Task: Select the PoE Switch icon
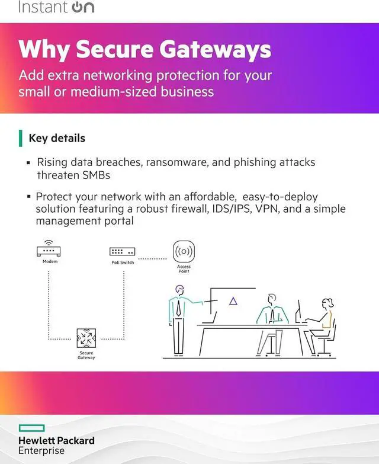pos(123,252)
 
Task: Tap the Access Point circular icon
pos(184,251)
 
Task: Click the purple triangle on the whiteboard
pos(233,301)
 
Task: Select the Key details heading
pos(57,138)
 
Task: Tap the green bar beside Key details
pos(21,138)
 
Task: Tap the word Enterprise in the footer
pos(41,451)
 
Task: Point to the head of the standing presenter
pos(180,290)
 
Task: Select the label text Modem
pos(50,261)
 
